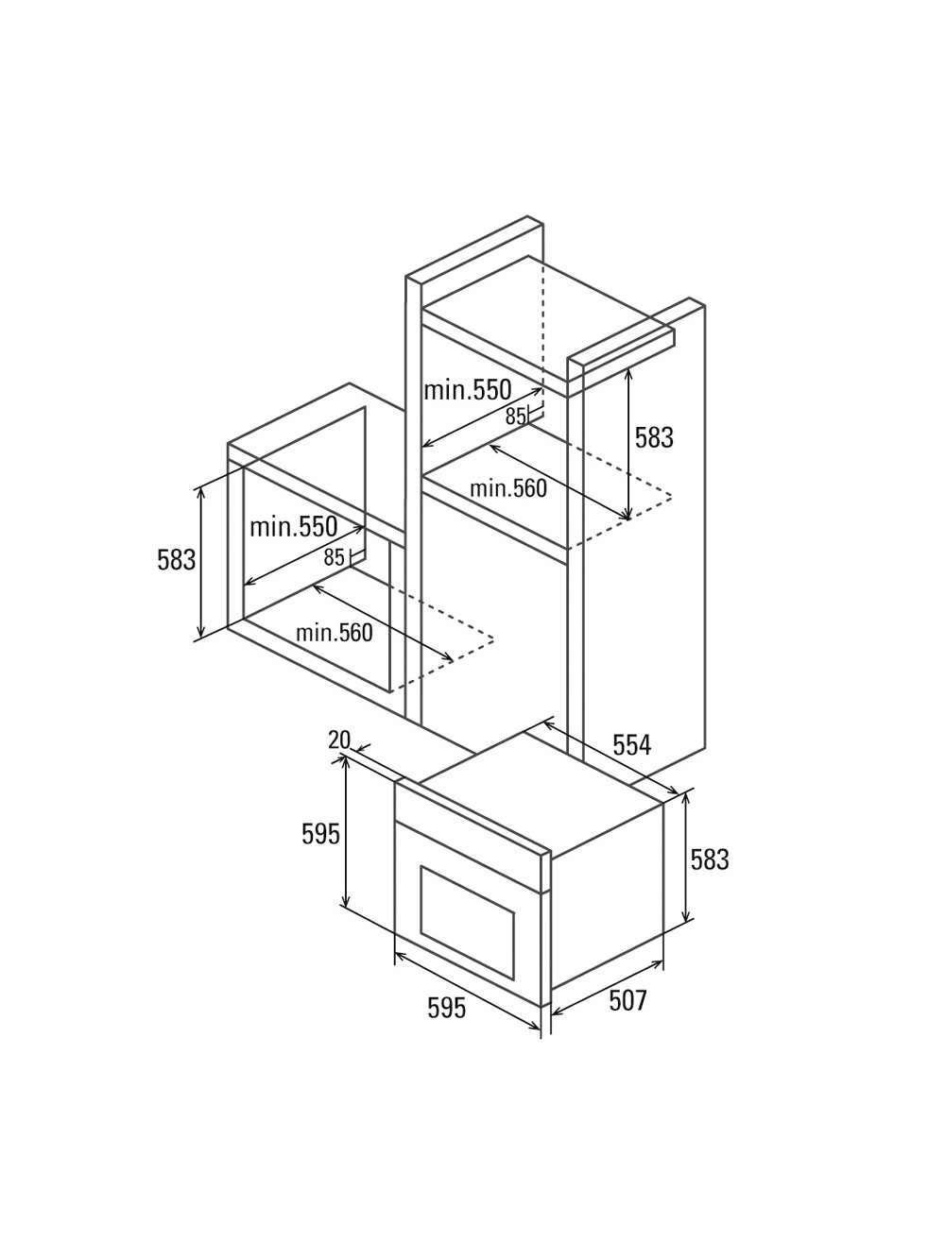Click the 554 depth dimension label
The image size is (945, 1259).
(631, 745)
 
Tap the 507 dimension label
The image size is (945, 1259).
(627, 1001)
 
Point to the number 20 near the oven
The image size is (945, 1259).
(339, 740)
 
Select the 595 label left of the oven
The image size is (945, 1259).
(320, 834)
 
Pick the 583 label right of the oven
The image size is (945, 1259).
(709, 859)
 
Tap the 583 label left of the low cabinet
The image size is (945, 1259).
(176, 560)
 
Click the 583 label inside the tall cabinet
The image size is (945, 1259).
(654, 437)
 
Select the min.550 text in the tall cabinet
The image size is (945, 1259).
(467, 390)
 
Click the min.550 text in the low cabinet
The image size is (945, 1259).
(293, 526)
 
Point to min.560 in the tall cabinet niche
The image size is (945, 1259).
(508, 488)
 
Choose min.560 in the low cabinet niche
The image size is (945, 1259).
(334, 633)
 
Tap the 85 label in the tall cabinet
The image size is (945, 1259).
(515, 417)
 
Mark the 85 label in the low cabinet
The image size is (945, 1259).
(334, 557)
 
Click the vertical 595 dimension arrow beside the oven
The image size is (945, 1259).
(345, 831)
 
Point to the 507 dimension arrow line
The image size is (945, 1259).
(607, 988)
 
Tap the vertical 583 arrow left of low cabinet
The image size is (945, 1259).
(201, 563)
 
